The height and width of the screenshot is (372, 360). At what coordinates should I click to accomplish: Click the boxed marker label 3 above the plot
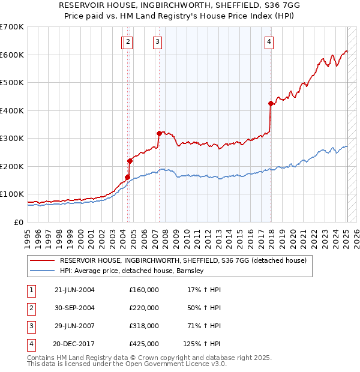[x=157, y=41]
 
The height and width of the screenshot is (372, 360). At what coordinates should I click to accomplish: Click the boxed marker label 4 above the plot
[x=269, y=41]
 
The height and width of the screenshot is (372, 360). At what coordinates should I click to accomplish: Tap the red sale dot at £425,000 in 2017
[x=271, y=103]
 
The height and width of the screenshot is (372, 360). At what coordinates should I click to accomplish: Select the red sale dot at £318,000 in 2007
[x=159, y=133]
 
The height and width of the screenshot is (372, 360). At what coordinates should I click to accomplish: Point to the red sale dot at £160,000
[x=127, y=177]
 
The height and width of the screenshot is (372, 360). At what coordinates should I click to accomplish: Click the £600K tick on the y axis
[x=12, y=55]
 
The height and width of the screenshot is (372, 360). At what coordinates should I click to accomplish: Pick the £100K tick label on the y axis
[x=12, y=194]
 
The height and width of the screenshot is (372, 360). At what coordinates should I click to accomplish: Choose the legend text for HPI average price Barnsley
[x=132, y=271]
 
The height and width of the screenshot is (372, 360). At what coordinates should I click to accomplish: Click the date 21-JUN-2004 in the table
[x=74, y=290]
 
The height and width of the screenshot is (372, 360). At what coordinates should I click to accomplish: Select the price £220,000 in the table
[x=144, y=308]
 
